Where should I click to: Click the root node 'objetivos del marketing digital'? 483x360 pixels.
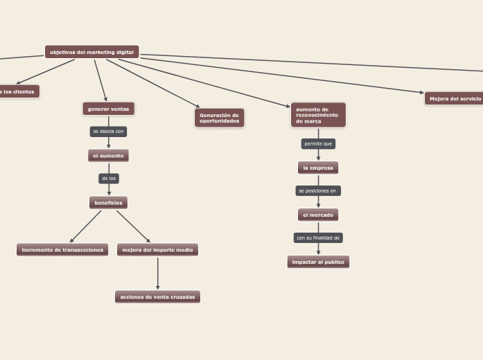[91, 52]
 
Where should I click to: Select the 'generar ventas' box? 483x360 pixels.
[108, 109]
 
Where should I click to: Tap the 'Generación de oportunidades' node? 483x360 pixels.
[219, 118]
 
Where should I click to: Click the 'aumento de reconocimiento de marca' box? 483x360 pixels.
[318, 115]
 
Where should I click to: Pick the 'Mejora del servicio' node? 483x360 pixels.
[455, 98]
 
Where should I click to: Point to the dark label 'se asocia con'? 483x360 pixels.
[108, 131]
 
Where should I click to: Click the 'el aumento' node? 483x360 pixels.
[108, 156]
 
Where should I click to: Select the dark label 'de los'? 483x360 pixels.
[109, 179]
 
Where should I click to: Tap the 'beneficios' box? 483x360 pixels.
[108, 203]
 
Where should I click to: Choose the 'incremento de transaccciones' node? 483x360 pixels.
[62, 250]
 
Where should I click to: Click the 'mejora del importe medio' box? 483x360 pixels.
[157, 250]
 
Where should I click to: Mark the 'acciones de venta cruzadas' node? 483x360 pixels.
[157, 297]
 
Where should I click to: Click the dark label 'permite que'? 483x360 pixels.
[318, 144]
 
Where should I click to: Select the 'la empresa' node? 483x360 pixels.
[318, 168]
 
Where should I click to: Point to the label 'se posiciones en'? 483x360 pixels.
[318, 190]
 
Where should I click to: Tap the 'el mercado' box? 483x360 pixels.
[318, 215]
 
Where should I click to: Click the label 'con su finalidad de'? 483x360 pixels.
[318, 237]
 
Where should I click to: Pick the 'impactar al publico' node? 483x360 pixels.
[318, 262]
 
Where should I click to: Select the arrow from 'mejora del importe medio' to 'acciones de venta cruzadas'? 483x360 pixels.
[157, 273]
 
